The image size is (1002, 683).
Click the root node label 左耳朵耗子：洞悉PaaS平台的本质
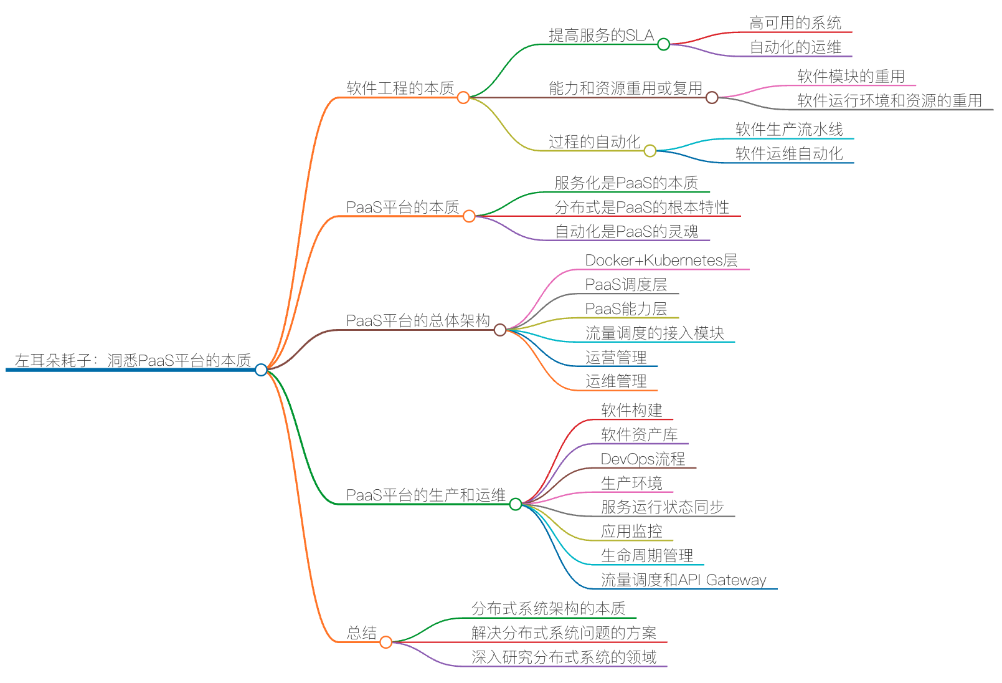pos(133,360)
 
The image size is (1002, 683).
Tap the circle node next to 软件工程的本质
pos(463,97)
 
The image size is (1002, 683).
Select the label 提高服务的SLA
pos(601,36)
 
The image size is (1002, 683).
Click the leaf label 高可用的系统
pos(795,23)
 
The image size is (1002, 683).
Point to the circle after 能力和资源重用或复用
pos(712,97)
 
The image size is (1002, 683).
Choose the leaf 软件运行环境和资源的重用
pos(889,100)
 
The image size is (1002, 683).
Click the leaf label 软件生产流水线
pos(789,130)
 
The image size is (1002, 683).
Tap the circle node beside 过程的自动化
pos(650,150)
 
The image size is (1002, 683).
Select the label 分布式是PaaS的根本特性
pos(641,207)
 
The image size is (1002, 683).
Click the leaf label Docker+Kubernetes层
pos(661,260)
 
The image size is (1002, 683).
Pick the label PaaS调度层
pos(626,285)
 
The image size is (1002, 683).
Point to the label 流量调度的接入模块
pos(655,333)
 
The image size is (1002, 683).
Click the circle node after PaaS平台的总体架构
pos(499,330)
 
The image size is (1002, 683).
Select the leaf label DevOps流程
pos(643,459)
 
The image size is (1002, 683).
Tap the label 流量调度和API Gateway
pos(683,580)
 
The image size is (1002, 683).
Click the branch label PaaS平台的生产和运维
pos(425,495)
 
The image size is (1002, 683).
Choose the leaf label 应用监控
pos(631,532)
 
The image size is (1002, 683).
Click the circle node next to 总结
pos(385,642)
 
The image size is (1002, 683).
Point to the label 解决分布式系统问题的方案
pos(564,633)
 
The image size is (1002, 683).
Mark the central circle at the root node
pos(261,370)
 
